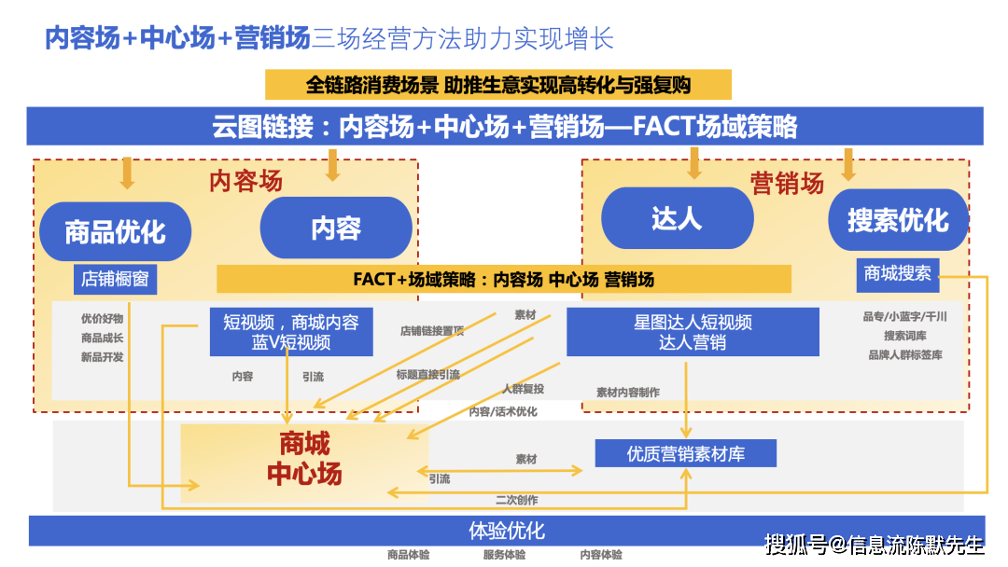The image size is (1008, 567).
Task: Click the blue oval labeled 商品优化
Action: point(115,232)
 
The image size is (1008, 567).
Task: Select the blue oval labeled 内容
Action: point(336,228)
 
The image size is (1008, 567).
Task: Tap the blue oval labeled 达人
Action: point(677,218)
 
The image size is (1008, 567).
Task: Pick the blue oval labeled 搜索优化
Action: point(898,220)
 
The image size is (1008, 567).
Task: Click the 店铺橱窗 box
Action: point(115,280)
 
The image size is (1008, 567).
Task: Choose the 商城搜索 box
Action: point(898,274)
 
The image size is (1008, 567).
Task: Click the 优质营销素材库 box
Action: point(686,454)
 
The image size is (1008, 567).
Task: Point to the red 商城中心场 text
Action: point(304,459)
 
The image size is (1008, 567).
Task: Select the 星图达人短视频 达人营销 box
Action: point(693,332)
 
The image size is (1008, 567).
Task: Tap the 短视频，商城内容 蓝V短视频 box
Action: point(291,332)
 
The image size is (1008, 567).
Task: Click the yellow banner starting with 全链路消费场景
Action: point(498,85)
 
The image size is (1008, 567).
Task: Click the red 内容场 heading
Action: point(245,182)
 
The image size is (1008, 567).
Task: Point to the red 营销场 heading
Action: point(787,185)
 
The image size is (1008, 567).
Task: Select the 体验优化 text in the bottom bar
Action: point(507,531)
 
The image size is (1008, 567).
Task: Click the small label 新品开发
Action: point(103,357)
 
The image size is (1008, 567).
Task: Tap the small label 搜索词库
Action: point(905,336)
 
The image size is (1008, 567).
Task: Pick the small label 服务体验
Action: point(505,555)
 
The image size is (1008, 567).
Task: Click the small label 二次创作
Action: point(517,500)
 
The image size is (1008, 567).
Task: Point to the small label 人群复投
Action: point(523,389)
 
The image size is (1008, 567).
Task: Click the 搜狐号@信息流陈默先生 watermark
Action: point(875,546)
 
